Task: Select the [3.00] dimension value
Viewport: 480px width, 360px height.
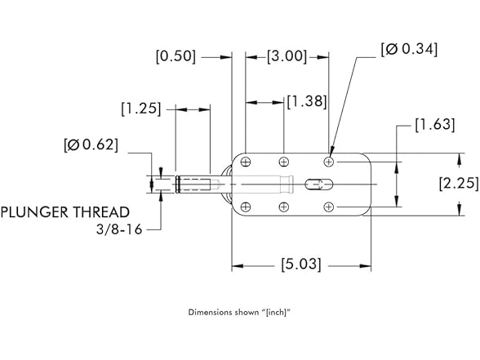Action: (x=287, y=56)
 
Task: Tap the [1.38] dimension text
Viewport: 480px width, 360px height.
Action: (x=306, y=101)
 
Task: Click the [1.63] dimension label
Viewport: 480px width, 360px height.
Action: (x=434, y=126)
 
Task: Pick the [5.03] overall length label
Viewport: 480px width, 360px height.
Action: (x=300, y=264)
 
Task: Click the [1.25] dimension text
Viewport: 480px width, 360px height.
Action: (x=140, y=108)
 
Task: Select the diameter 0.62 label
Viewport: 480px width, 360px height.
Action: (x=91, y=145)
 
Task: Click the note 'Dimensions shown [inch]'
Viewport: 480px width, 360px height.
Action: (x=239, y=312)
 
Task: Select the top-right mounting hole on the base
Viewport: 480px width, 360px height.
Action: (x=329, y=162)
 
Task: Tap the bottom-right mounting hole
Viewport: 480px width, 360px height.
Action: (x=329, y=207)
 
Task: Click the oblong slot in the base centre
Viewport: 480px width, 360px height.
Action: (x=313, y=184)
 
